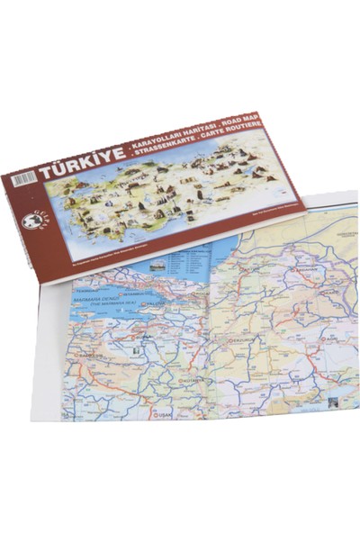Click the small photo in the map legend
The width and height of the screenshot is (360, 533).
(x=156, y=266)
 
